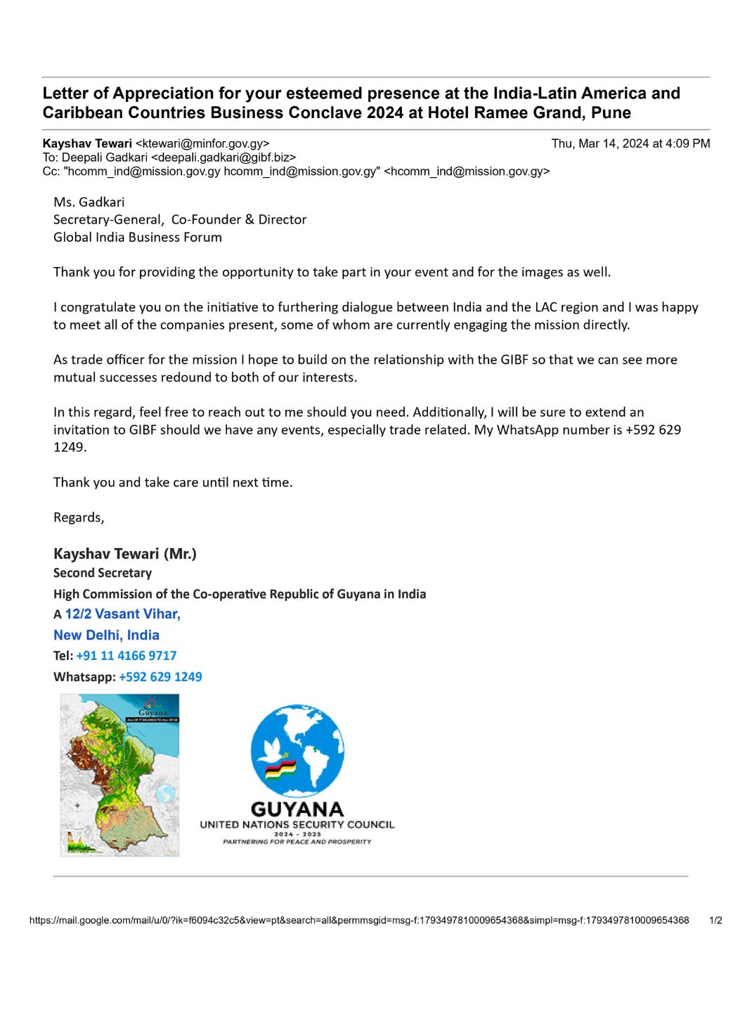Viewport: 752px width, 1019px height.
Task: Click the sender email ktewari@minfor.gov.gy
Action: click(202, 143)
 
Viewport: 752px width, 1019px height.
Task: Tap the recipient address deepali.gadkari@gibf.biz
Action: click(223, 157)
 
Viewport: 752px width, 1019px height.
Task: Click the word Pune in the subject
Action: click(611, 112)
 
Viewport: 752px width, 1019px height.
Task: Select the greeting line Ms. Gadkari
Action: click(89, 202)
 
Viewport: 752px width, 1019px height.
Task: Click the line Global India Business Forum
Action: click(138, 237)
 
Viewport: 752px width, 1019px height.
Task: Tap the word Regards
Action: click(78, 517)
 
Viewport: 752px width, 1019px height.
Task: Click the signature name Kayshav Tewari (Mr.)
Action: click(125, 554)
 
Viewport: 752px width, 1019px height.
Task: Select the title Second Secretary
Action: click(103, 573)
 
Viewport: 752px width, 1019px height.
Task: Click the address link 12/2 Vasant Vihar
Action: click(122, 614)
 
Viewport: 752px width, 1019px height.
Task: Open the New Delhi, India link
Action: click(106, 635)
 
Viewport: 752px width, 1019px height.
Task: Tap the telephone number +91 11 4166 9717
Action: click(127, 656)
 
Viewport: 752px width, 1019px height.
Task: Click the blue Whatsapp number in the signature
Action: click(160, 677)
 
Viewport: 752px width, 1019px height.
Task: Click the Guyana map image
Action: click(119, 774)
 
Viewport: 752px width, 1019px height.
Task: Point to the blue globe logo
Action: click(297, 751)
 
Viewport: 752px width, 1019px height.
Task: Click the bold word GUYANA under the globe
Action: click(297, 810)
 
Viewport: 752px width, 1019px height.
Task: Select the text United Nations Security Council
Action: click(297, 824)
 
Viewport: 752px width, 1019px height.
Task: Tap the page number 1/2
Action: click(715, 920)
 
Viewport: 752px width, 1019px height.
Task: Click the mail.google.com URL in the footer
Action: click(358, 920)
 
